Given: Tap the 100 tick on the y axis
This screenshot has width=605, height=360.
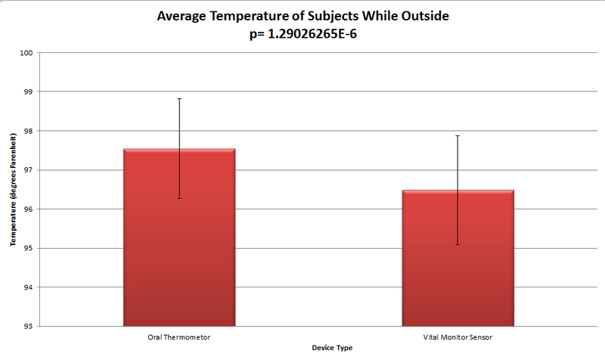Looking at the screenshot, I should click(x=27, y=53).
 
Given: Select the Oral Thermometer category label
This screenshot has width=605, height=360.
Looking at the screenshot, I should click(x=179, y=335).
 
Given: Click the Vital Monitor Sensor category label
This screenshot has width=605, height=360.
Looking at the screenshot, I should click(x=458, y=335).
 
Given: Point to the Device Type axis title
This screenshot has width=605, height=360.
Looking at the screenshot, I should click(x=332, y=348).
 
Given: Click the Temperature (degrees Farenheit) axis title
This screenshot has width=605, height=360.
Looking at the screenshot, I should click(x=13, y=189).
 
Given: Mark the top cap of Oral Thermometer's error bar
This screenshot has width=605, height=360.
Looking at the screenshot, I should click(x=179, y=98).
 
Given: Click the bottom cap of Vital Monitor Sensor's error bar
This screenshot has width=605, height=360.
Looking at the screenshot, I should click(x=458, y=244).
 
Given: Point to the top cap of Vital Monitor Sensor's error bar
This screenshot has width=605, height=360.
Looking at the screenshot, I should click(x=458, y=135).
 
